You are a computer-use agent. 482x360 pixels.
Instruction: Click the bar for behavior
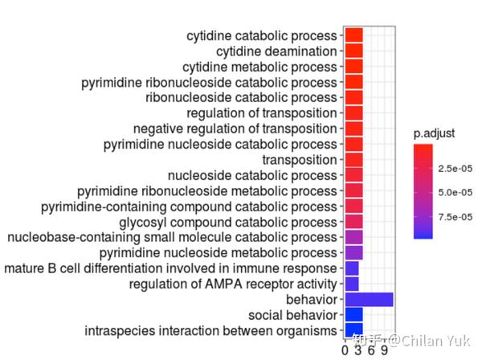368,300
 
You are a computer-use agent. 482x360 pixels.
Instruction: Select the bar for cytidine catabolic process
353,36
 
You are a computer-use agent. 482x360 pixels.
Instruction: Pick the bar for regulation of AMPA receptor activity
351,284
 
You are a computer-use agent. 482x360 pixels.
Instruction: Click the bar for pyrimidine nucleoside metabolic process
353,253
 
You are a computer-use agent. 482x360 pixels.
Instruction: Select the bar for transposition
353,160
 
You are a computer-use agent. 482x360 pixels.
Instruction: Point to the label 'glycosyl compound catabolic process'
227,222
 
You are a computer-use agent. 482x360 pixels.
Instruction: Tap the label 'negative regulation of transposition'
235,129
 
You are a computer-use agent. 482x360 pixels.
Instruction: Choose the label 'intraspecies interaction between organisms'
210,330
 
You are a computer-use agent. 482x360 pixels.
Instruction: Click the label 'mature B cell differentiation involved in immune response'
170,268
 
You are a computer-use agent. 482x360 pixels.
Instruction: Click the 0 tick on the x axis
345,351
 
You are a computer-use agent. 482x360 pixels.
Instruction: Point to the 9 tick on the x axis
386,351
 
